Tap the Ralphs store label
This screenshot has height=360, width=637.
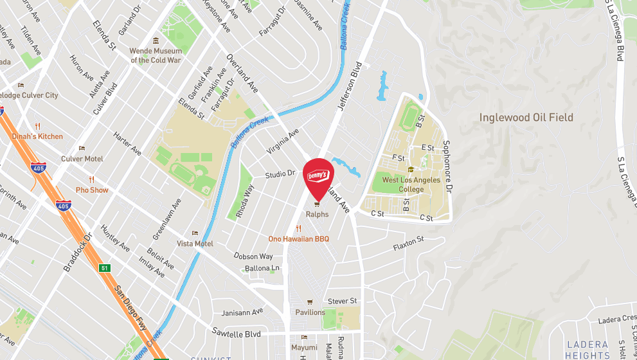click(x=317, y=214)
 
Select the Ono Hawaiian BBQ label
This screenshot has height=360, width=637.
click(x=298, y=239)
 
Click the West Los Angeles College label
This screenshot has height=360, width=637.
click(x=411, y=184)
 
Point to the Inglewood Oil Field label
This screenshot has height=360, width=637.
click(x=526, y=118)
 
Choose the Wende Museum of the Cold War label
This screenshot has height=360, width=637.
click(x=156, y=55)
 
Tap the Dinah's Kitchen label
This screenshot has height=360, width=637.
click(x=37, y=136)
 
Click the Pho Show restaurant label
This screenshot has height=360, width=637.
click(x=92, y=190)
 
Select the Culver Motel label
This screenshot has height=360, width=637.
click(x=82, y=159)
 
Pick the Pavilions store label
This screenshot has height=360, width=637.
click(x=310, y=312)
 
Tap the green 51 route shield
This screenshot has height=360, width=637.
click(x=103, y=267)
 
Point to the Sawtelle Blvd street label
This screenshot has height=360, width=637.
click(x=237, y=334)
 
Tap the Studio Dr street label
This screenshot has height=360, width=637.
click(x=280, y=174)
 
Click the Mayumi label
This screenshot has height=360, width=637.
click(x=304, y=347)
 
